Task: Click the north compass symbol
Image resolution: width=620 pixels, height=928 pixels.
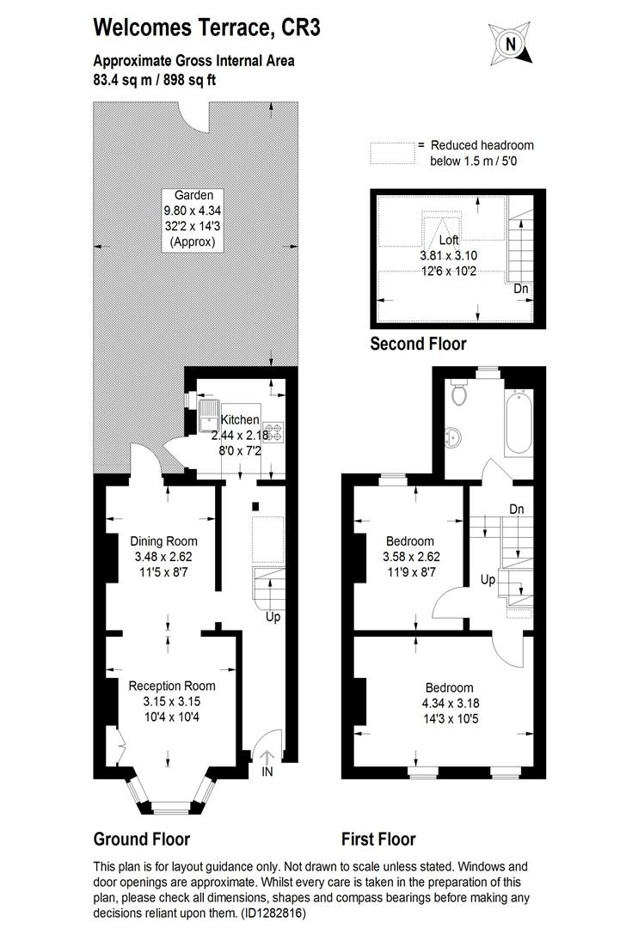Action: click(x=512, y=44)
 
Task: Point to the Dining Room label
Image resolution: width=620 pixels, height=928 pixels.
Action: click(x=163, y=541)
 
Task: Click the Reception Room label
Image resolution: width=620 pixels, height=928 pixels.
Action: click(x=172, y=686)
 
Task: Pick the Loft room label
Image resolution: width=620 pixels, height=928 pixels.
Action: click(x=449, y=240)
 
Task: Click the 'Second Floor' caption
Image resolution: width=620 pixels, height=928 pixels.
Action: click(x=418, y=345)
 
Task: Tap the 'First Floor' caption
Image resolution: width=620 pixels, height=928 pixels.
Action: click(x=378, y=839)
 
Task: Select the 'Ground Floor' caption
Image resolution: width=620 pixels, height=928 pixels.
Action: click(x=141, y=839)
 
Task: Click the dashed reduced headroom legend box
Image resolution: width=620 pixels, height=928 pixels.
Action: click(x=391, y=152)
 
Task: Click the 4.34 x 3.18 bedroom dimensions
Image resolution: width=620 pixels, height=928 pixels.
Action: click(x=449, y=704)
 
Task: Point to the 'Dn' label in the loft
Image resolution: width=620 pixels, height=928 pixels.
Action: click(x=521, y=289)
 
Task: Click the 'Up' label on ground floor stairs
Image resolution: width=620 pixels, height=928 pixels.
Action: click(x=273, y=616)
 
